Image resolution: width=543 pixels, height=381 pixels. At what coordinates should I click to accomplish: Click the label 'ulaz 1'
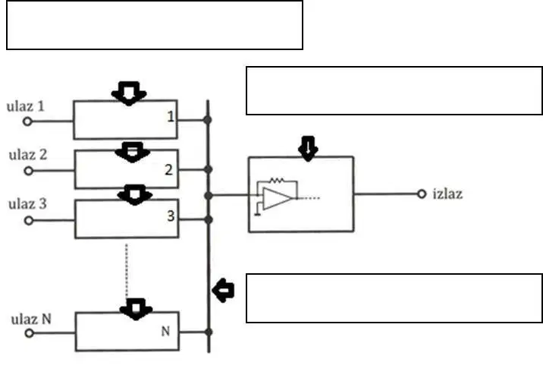(x=26, y=106)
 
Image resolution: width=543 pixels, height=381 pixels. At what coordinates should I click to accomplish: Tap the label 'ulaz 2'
(x=28, y=155)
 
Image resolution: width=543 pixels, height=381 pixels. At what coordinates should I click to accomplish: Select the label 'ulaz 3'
(x=27, y=204)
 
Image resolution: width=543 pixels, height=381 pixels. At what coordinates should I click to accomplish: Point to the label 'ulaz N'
(x=31, y=319)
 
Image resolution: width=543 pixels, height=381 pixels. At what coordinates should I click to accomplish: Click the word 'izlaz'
(x=447, y=194)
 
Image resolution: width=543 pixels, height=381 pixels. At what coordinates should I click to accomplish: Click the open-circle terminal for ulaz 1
(x=28, y=121)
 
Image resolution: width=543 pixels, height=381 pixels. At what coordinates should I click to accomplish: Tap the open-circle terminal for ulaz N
(x=30, y=333)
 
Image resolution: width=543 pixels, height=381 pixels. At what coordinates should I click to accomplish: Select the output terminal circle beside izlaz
(x=422, y=194)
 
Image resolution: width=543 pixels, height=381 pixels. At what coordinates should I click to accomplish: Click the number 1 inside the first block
(x=171, y=116)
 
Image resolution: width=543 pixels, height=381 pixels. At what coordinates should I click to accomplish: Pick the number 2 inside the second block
(x=168, y=170)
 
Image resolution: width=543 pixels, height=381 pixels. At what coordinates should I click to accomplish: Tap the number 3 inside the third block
(x=171, y=216)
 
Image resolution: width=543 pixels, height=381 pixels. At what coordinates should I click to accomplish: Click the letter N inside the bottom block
(x=165, y=332)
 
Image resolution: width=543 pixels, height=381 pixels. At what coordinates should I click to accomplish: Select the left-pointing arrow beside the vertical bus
(x=223, y=291)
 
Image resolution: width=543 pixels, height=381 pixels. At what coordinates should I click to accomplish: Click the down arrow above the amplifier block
(x=308, y=149)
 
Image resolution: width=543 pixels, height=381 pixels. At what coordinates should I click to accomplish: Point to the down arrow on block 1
(x=129, y=93)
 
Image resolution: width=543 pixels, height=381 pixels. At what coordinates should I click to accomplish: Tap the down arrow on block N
(x=136, y=309)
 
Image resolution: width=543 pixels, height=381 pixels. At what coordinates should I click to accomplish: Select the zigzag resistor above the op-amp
(x=277, y=181)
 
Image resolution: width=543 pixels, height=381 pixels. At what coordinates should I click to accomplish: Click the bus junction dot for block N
(x=209, y=332)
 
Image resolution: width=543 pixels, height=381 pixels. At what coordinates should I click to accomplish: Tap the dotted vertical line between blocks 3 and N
(x=127, y=270)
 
